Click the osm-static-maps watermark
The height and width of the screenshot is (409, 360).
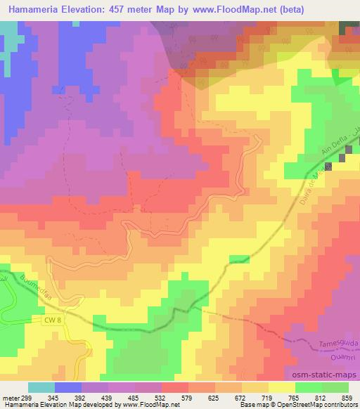[322, 377]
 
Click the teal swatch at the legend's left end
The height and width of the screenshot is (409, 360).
[41, 387]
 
